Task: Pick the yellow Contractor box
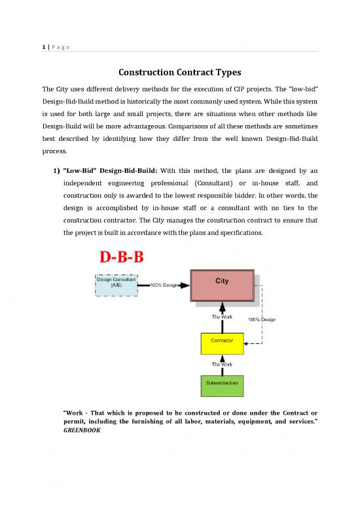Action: [222, 342]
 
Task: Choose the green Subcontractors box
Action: [222, 383]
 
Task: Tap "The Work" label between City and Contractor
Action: [221, 317]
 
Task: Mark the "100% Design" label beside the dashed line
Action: [261, 319]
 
